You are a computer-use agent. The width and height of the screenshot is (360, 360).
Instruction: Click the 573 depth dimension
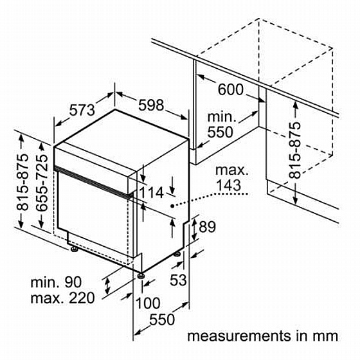pos(82,110)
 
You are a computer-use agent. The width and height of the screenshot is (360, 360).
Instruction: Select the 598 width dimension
pos(151,105)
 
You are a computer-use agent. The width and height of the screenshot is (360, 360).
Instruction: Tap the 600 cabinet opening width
pos(230,89)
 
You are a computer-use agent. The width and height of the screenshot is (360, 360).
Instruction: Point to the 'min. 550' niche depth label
pos(221,125)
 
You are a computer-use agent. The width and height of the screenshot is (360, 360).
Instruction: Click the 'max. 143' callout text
pos(231,177)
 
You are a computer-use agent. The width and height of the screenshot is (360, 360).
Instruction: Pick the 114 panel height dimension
pos(151,192)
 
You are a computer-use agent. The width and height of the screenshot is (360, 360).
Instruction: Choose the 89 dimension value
pos(207,227)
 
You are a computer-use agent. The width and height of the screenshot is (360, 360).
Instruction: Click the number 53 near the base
pos(178,280)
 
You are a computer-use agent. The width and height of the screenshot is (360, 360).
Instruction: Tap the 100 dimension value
pos(148,303)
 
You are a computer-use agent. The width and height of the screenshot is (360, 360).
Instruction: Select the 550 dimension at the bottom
pos(162,319)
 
